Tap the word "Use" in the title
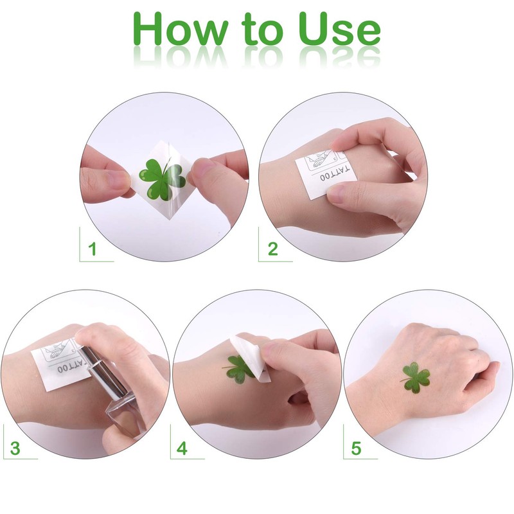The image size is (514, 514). coord(339,29)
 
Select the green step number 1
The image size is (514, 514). coord(93,249)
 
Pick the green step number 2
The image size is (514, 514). coord(272,249)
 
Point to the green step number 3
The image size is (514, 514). coord(15,448)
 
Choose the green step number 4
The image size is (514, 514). coord(182,448)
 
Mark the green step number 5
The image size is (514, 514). coord(356,448)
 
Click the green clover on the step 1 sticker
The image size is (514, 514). coord(162,179)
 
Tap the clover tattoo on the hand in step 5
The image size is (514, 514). coord(415,377)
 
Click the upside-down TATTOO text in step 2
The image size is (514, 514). coord(335,173)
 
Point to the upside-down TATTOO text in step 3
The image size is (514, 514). coord(71,366)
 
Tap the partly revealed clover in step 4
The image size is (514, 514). coord(238,369)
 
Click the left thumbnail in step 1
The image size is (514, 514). coord(117,180)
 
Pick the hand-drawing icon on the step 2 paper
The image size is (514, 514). coord(317,159)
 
